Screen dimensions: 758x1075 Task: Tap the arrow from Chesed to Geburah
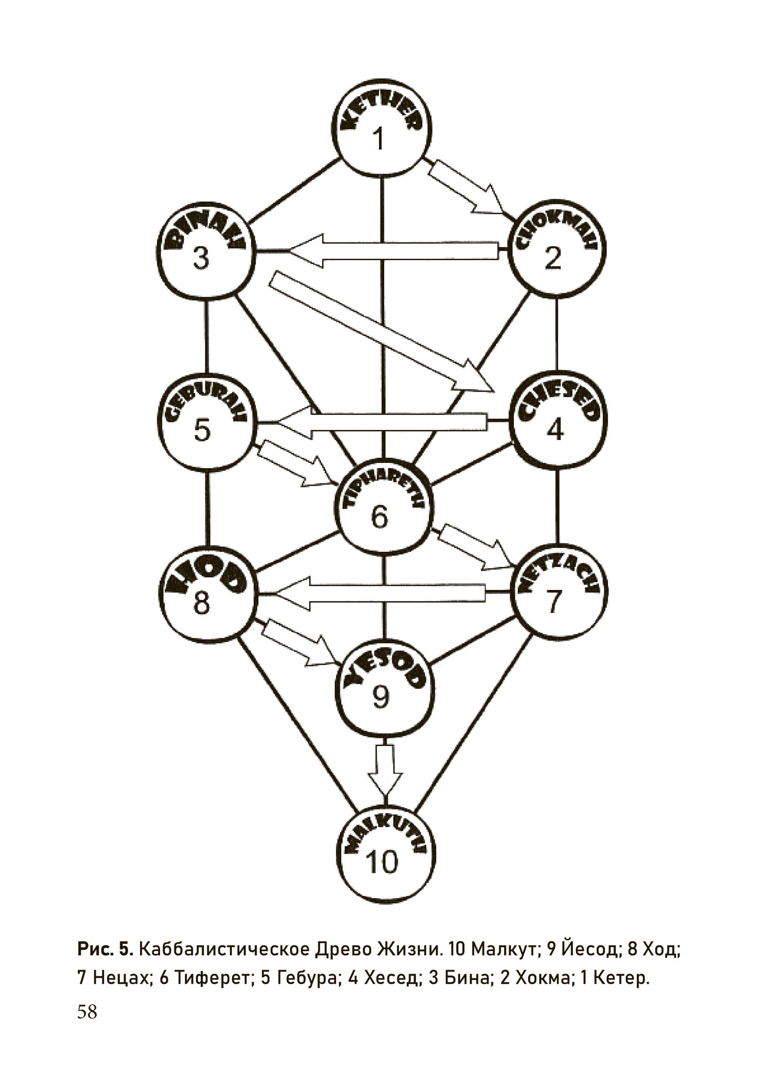(x=382, y=422)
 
